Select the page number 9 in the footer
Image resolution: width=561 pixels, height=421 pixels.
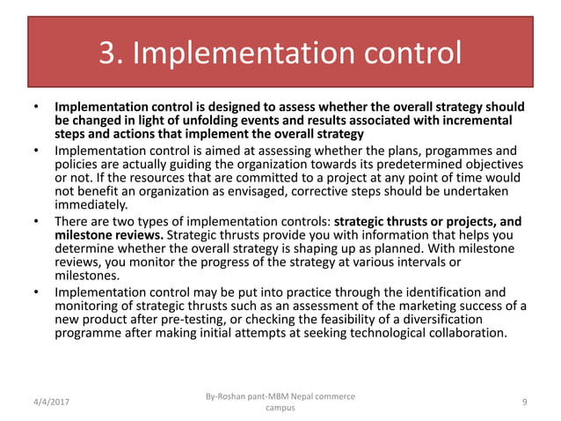pyautogui.click(x=524, y=402)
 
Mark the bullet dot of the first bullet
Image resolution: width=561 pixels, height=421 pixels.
pyautogui.click(x=36, y=107)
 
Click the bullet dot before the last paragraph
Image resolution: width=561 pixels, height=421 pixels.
pyautogui.click(x=36, y=292)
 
